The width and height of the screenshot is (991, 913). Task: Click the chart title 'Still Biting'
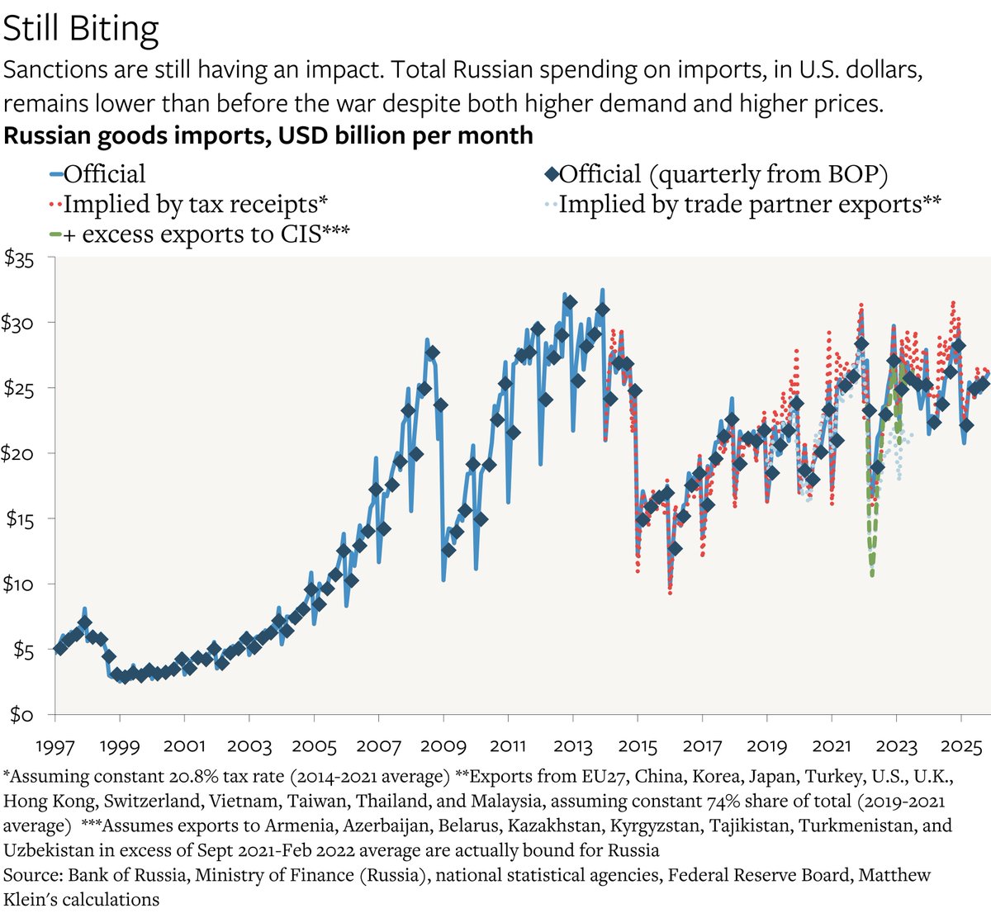81,30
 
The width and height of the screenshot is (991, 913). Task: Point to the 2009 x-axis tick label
443,746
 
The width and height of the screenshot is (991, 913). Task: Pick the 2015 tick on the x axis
637,746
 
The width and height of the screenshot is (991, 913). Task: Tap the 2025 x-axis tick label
961,746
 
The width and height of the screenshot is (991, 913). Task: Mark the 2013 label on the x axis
572,746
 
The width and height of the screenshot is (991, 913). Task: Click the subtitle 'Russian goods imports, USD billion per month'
268,135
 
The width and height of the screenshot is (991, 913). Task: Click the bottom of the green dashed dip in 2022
872,574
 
